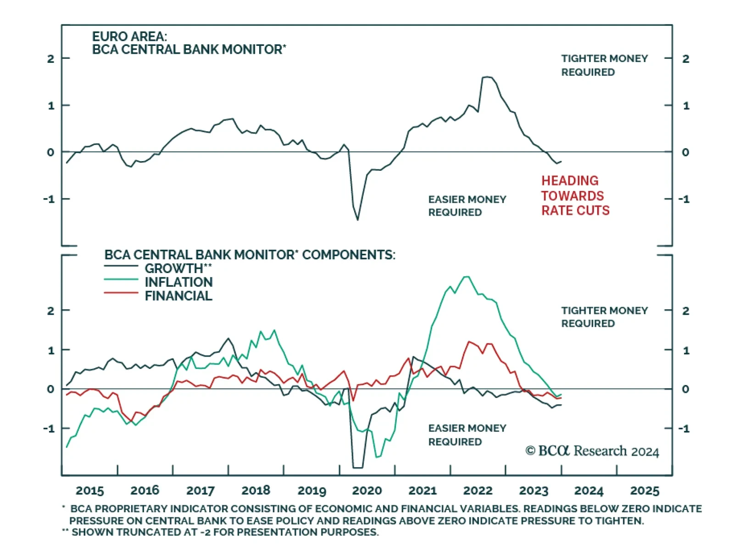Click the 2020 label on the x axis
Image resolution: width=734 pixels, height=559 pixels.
coord(367,491)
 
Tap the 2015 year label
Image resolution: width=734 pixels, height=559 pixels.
coord(89,491)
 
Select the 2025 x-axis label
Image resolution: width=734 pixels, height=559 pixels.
coord(645,491)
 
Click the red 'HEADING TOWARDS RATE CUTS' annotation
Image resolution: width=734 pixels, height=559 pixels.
coord(575,196)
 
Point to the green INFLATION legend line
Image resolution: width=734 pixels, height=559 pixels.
coord(121,279)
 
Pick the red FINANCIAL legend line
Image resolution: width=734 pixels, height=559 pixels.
coord(121,293)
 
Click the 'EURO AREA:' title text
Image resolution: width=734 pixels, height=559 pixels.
coord(129,36)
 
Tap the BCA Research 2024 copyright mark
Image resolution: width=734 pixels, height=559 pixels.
coord(592,451)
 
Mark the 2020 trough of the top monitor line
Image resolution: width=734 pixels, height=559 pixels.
coord(358,220)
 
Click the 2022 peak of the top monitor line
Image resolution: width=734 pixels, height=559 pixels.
coord(487,77)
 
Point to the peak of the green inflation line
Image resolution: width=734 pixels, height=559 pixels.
coord(466,277)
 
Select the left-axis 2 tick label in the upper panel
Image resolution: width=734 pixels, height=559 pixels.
coord(50,59)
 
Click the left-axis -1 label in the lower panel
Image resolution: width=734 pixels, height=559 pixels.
coord(49,429)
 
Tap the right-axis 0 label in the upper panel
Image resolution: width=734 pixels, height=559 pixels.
coord(685,152)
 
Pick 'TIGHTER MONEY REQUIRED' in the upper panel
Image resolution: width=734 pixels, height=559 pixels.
coord(604,65)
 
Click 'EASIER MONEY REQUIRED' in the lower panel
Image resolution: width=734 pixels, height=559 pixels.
coord(467,435)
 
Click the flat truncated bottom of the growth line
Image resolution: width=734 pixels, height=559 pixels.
coord(358,468)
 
